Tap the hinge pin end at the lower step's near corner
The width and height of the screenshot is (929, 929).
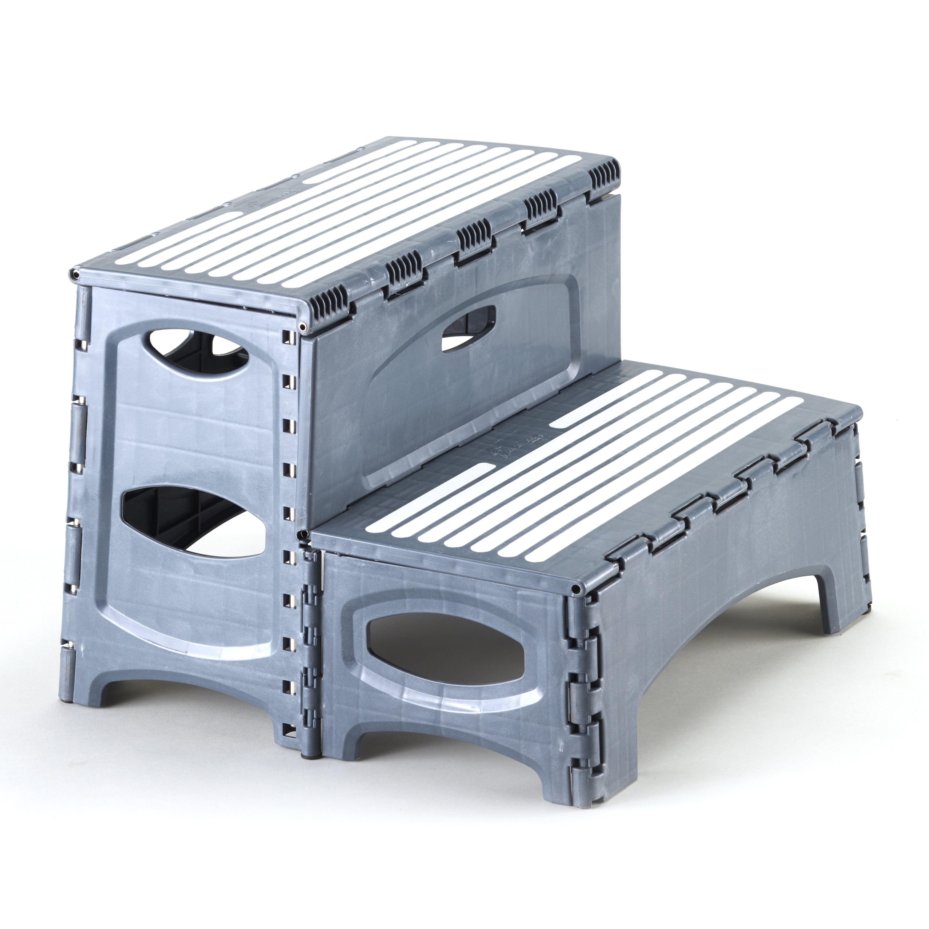pyautogui.click(x=575, y=589)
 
